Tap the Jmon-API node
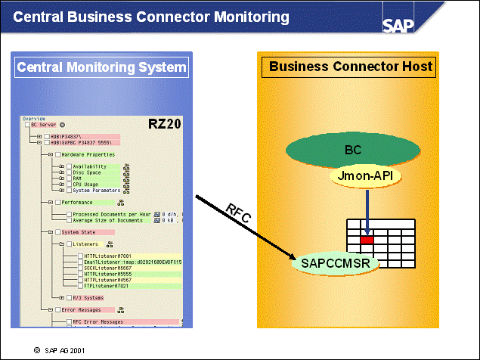pyautogui.click(x=364, y=175)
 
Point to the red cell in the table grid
pyautogui.click(x=367, y=240)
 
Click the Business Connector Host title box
pyautogui.click(x=351, y=67)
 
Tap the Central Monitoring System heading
pyautogui.click(x=101, y=67)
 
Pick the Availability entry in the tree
pyautogui.click(x=89, y=166)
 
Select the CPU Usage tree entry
pyautogui.click(x=85, y=184)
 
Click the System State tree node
pyautogui.click(x=80, y=231)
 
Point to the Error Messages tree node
pyautogui.click(x=82, y=310)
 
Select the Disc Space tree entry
pyautogui.click(x=87, y=172)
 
